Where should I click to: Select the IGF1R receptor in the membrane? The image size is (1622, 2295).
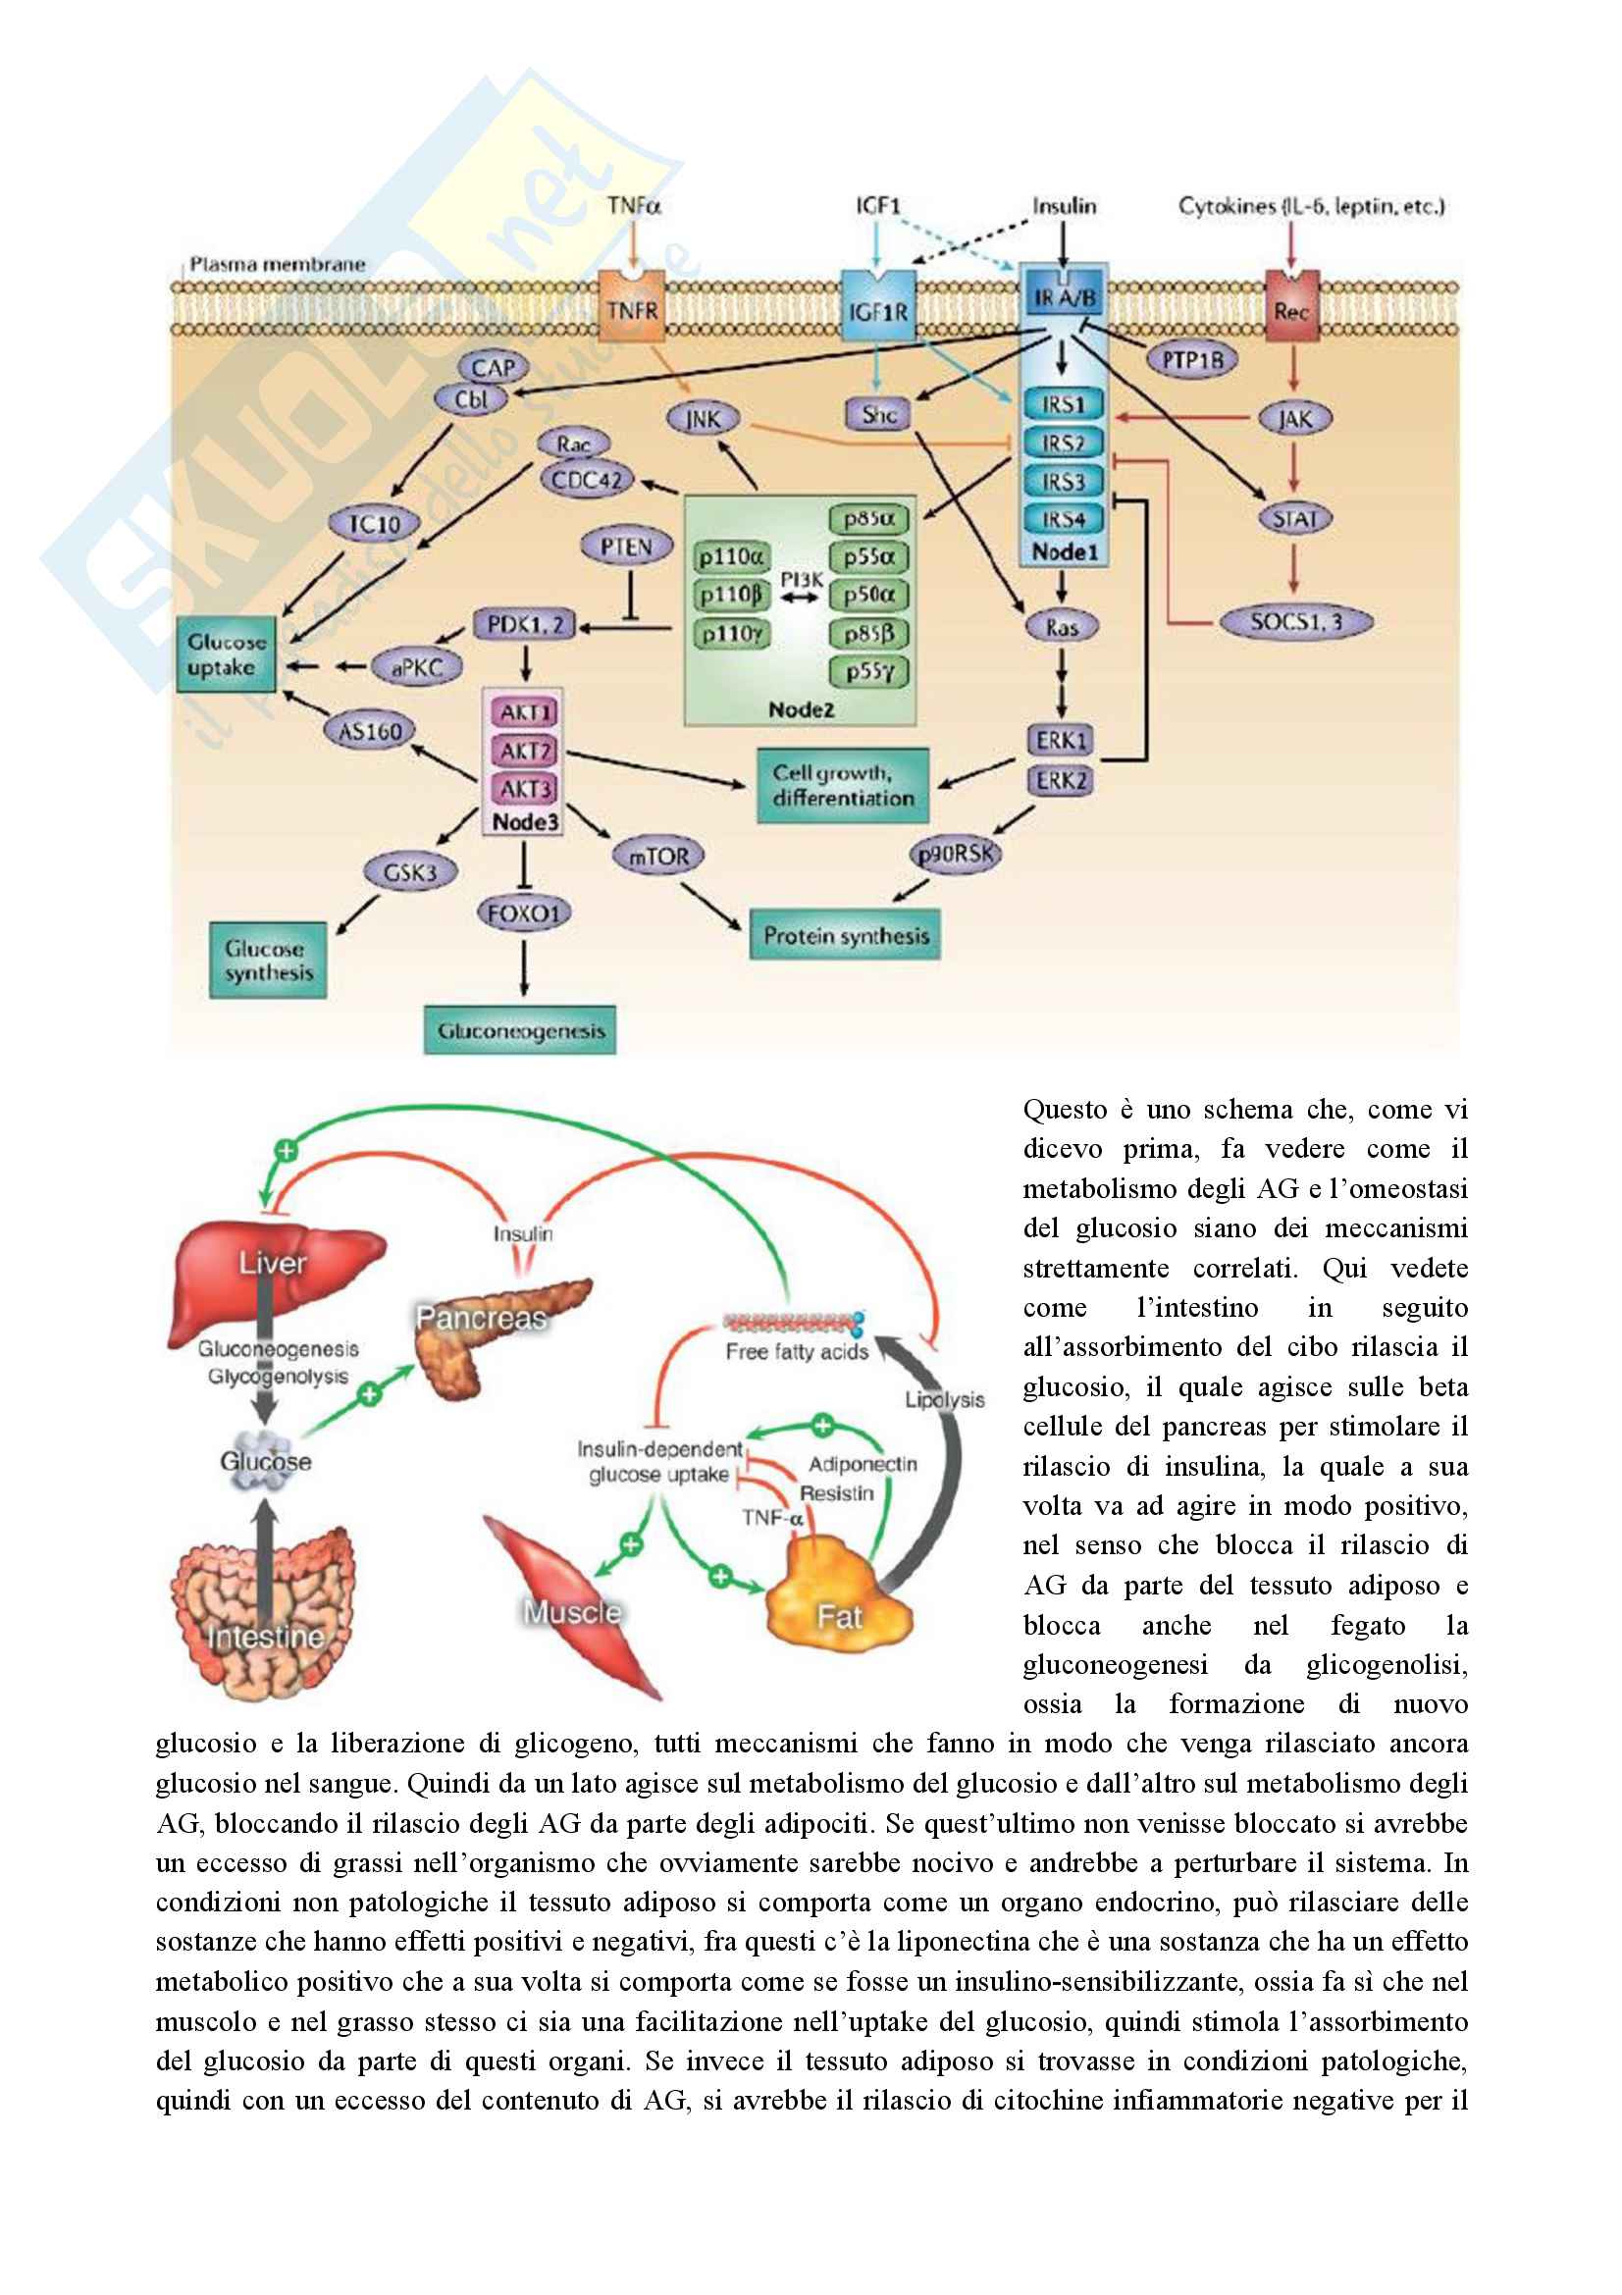click(877, 310)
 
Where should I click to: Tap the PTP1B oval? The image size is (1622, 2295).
click(1191, 360)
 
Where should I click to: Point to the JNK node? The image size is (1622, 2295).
click(703, 419)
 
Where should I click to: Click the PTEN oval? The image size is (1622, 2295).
click(627, 547)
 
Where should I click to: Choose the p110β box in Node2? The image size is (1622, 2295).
click(732, 595)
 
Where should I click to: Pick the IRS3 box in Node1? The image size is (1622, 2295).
click(1063, 481)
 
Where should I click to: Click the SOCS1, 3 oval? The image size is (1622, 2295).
click(1296, 622)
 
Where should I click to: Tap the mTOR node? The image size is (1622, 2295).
click(658, 856)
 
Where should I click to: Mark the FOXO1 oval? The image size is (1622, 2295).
click(524, 913)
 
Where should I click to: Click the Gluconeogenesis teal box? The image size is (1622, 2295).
click(520, 1030)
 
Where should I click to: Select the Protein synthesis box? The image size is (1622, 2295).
click(846, 936)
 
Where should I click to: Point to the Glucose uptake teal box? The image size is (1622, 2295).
click(226, 654)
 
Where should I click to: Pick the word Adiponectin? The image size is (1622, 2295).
click(863, 1464)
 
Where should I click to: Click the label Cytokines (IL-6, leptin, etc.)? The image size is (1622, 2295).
click(1311, 207)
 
